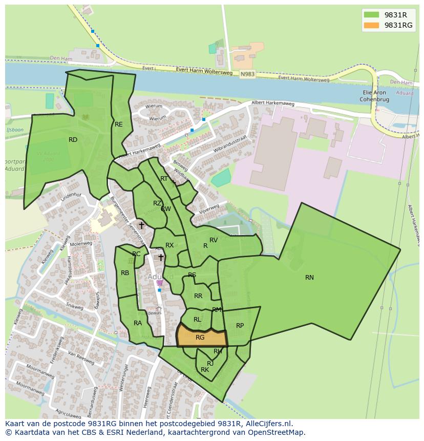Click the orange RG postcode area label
tap(200, 337)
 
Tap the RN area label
tap(309, 278)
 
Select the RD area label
tap(73, 140)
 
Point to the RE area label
tap(119, 124)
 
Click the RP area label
tap(240, 326)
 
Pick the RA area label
tap(138, 323)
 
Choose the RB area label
tap(125, 273)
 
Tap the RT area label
tap(164, 179)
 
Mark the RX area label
tap(169, 245)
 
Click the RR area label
tap(198, 296)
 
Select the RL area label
tap(197, 320)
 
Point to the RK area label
tap(205, 370)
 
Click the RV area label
tap(214, 240)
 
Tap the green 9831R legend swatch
tap(371, 14)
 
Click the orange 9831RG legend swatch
tap(371, 25)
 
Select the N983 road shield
tap(247, 74)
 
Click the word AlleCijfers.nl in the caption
tap(268, 424)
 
